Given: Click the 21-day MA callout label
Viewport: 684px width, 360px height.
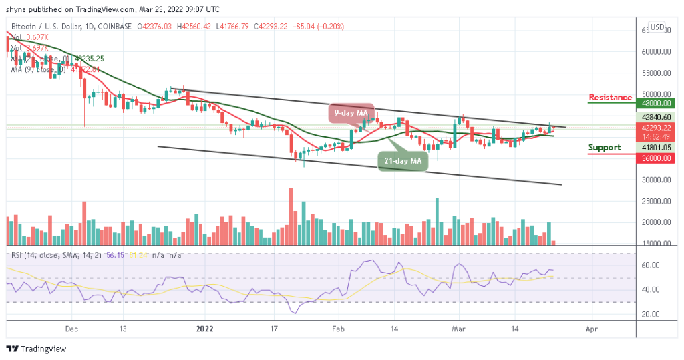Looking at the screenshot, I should click(x=402, y=161).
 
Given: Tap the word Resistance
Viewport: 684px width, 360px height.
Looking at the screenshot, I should click(x=610, y=98).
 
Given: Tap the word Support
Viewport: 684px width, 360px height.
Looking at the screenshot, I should click(x=604, y=148).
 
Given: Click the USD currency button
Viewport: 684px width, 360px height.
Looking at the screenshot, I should click(x=657, y=27).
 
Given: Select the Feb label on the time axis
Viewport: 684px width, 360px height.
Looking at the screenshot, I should click(x=338, y=329).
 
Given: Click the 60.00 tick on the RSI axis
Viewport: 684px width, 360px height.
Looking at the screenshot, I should click(x=651, y=266).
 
